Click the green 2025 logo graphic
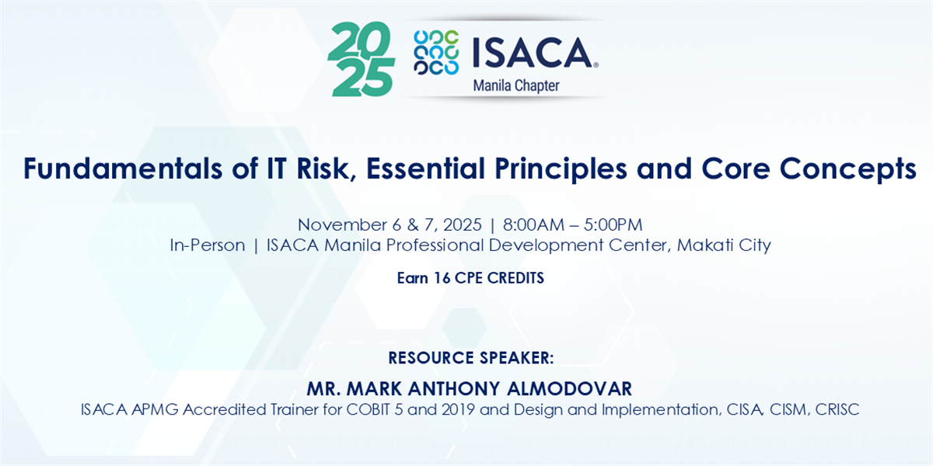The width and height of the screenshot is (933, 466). (x=361, y=59)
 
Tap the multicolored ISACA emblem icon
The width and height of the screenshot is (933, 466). (x=436, y=53)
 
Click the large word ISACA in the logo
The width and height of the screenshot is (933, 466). (x=534, y=53)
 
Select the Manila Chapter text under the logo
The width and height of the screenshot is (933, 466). (x=516, y=86)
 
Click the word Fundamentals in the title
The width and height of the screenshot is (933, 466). (x=123, y=169)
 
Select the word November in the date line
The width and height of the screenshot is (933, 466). (x=342, y=225)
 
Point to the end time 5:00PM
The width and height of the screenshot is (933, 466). (x=613, y=225)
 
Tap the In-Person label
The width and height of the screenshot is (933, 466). (x=208, y=245)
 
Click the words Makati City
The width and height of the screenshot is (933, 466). (x=724, y=245)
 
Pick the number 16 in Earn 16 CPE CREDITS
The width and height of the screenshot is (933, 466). (x=442, y=278)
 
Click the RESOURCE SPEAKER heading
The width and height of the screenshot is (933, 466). (x=471, y=358)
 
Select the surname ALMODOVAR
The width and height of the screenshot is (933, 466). (x=569, y=388)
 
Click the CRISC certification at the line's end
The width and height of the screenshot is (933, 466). (x=837, y=409)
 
